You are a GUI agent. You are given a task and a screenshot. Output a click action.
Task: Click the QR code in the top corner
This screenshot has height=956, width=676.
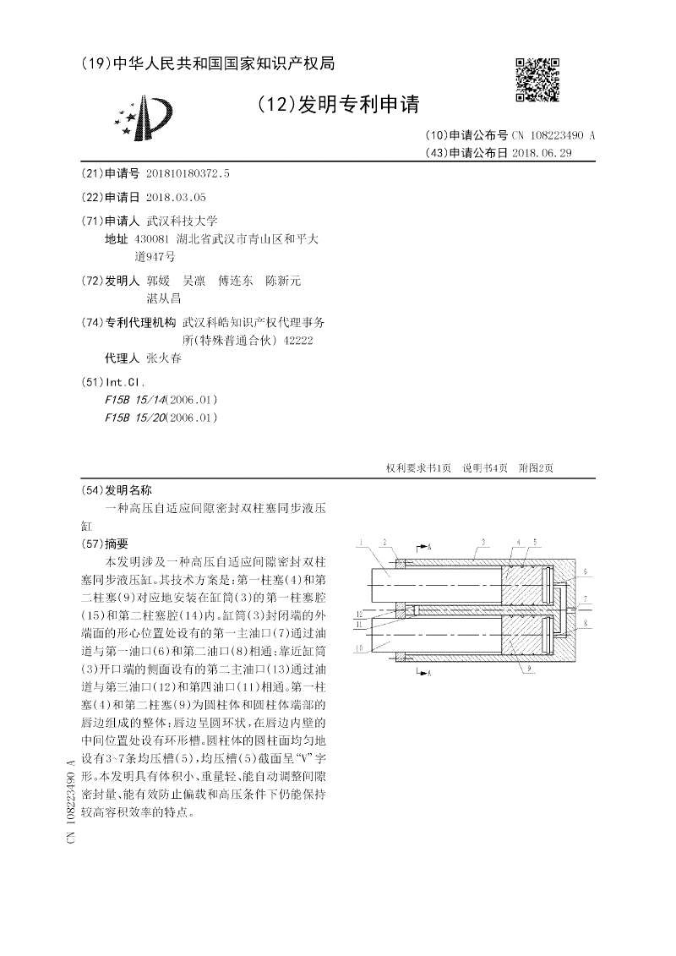pyautogui.click(x=537, y=79)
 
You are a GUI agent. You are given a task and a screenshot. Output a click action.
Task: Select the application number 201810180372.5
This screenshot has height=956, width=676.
pyautogui.click(x=188, y=172)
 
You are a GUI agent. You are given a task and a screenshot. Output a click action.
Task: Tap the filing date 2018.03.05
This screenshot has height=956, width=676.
pyautogui.click(x=176, y=197)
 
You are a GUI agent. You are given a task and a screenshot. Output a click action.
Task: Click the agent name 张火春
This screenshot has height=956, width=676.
pyautogui.click(x=164, y=358)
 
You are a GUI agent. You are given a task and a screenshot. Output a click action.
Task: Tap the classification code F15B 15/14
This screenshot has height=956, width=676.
pyautogui.click(x=135, y=399)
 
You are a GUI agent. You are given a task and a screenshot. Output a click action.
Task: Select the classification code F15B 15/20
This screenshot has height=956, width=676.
pyautogui.click(x=135, y=418)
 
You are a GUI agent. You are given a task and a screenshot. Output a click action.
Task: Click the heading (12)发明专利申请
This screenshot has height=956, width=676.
pyautogui.click(x=337, y=105)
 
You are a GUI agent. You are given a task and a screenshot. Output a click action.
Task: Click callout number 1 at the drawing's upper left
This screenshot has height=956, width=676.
pyautogui.click(x=360, y=541)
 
